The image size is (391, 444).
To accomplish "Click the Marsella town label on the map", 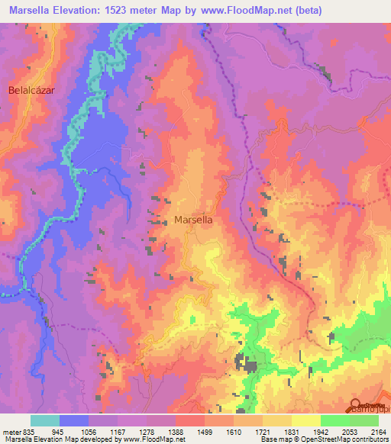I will (193, 219).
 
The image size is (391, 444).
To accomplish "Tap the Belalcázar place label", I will (34, 90).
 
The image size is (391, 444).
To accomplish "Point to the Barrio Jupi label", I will (370, 409).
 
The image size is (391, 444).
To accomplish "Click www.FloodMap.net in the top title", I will (238, 11).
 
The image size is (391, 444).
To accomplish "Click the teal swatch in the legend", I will (45, 420).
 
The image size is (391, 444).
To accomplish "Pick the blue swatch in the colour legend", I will (74, 420).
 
